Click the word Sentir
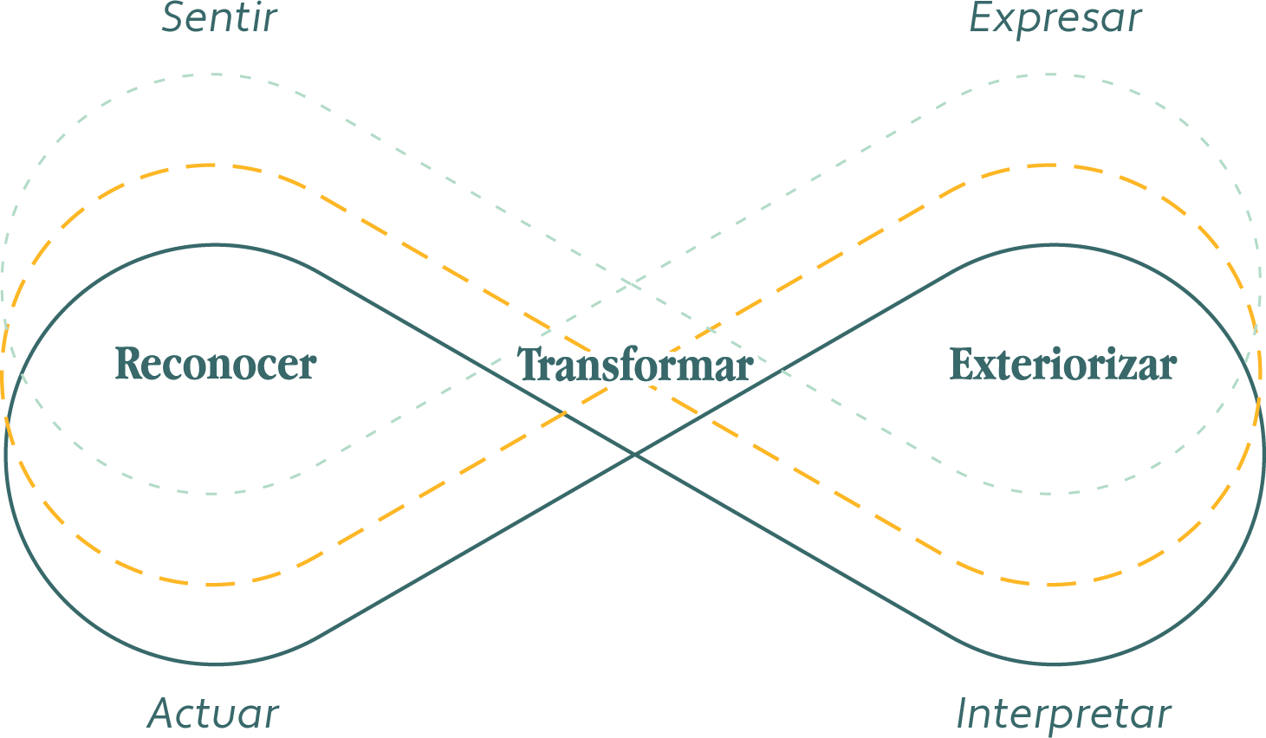pos(219,18)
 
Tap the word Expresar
pos(1055,18)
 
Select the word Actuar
pos(213,715)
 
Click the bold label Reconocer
pos(216,364)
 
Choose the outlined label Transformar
pos(636,365)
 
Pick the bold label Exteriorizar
pos(1063,365)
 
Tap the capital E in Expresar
pos(982,18)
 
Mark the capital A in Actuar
pos(162,715)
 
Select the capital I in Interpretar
pos(962,715)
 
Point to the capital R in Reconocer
pos(127,364)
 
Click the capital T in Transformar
pos(530,364)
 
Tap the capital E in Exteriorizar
pos(962,365)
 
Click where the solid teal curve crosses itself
pos(634,454)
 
